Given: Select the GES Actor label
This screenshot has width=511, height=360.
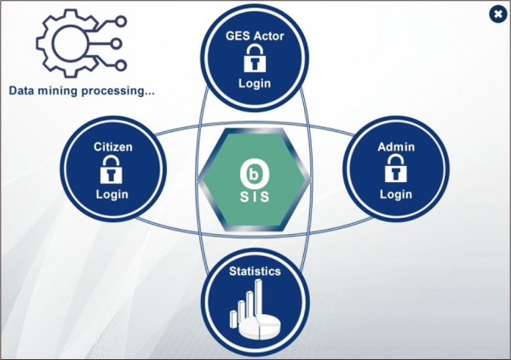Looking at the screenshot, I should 254,36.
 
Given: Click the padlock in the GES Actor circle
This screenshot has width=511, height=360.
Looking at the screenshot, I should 254,59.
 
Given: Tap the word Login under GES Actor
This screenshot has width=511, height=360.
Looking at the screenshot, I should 254,83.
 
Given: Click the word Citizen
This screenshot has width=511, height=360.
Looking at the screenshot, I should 112,147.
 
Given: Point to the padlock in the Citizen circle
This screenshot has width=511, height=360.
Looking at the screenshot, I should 112,170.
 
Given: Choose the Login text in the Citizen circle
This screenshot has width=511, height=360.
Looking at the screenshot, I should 112,194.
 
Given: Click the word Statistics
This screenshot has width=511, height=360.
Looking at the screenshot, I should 255,272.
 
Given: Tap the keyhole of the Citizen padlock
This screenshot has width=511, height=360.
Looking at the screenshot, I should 112,174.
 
